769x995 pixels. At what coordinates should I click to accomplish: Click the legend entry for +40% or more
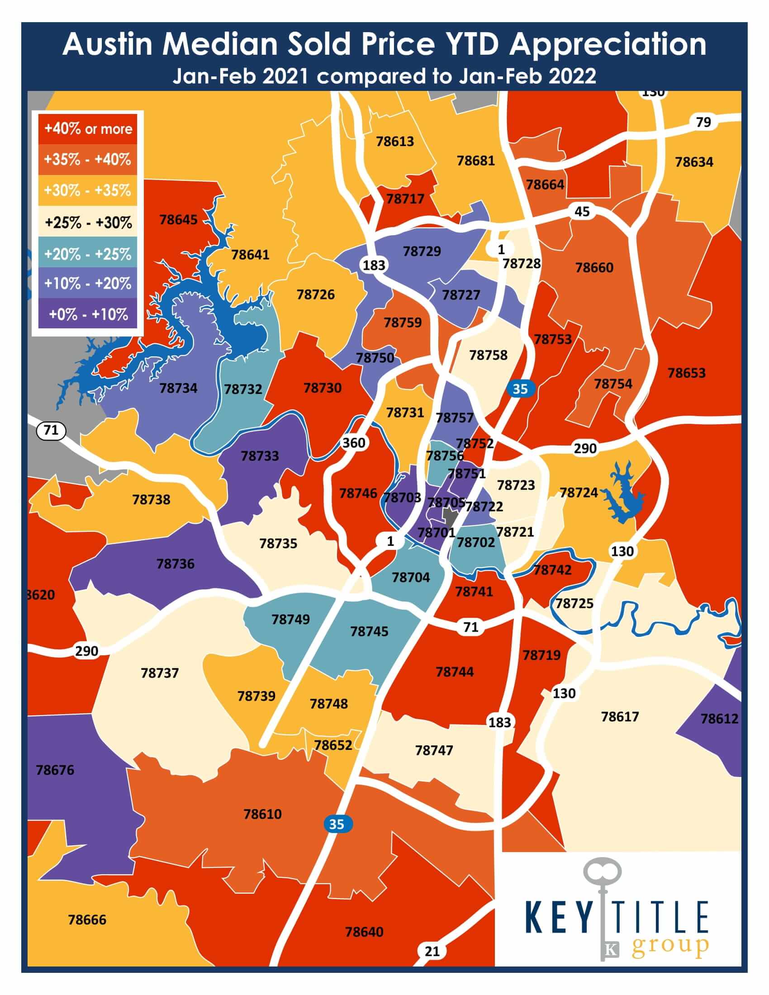pos(88,129)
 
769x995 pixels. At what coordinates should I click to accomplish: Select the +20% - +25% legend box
pos(88,254)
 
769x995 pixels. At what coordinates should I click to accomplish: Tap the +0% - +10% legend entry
pos(88,314)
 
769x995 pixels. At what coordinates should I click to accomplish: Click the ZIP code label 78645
pos(178,220)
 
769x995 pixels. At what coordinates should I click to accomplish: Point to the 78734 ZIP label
pos(178,388)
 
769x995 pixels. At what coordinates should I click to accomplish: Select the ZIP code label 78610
pos(262,814)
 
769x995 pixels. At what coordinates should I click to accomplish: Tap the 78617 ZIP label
pos(620,717)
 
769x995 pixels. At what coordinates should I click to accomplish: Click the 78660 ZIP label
pos(594,267)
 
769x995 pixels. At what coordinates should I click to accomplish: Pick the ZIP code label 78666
pos(87,919)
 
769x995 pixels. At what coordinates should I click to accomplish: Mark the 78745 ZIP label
pos(369,631)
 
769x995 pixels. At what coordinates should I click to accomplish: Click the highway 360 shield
pos(354,442)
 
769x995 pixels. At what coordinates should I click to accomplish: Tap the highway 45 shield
pos(582,211)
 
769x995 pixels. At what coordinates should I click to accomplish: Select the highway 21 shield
pos(432,951)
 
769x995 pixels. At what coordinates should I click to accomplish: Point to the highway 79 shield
pos(703,122)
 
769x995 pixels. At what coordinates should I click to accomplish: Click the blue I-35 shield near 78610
pos(336,824)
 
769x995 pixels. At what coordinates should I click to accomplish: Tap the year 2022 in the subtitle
pos(572,76)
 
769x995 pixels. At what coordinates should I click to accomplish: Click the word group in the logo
pos(669,947)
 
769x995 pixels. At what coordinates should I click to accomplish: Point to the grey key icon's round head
pos(602,872)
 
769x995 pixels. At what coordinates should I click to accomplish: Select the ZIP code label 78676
pos(55,770)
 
